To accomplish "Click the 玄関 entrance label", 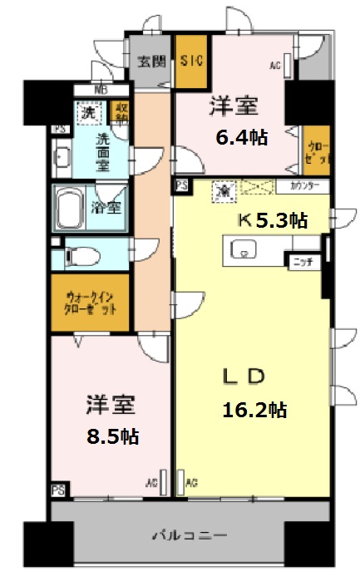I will [150, 61].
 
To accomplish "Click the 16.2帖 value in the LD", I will [254, 409].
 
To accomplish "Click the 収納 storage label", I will [121, 112].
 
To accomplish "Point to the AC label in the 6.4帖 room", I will [274, 64].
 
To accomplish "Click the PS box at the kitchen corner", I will [181, 186].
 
